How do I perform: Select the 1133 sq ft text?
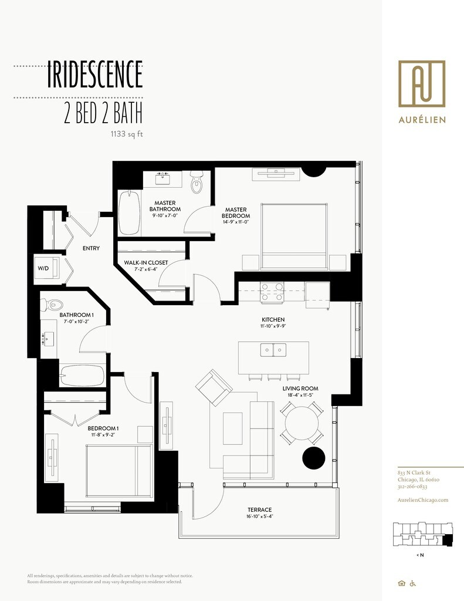(127, 134)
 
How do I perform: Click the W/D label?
(43, 268)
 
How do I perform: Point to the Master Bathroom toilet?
(197, 183)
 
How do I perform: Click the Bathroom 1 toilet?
(53, 305)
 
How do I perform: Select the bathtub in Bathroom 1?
(82, 376)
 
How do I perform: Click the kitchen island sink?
(273, 350)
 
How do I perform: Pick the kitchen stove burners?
(272, 292)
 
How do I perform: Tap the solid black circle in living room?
(313, 458)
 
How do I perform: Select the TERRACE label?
(259, 509)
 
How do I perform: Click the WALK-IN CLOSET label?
(146, 262)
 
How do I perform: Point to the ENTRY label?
(91, 248)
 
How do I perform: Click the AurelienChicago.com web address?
(422, 500)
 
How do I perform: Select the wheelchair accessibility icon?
(413, 583)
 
